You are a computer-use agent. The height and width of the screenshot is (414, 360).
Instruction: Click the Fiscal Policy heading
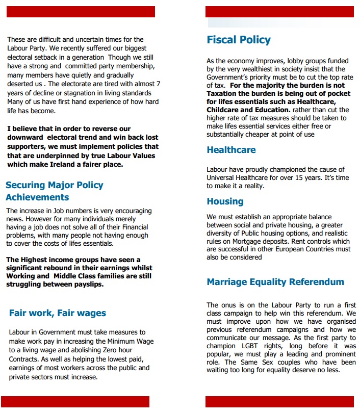click(239, 40)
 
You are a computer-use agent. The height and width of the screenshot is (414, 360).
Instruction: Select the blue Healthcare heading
click(231, 150)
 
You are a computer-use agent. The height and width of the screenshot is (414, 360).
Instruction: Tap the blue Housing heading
click(225, 201)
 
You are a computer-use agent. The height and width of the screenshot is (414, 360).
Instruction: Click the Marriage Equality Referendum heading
click(275, 282)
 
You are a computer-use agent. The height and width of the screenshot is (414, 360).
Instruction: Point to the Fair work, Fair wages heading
click(58, 313)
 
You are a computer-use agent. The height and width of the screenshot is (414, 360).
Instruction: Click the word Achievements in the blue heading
click(37, 197)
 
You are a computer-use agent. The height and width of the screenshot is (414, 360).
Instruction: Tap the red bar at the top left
click(81, 12)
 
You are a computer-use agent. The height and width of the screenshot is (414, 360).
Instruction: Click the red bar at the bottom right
click(279, 402)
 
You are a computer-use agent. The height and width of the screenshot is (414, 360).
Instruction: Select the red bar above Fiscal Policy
click(279, 12)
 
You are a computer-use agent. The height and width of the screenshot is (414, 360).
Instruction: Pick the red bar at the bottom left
click(75, 402)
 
